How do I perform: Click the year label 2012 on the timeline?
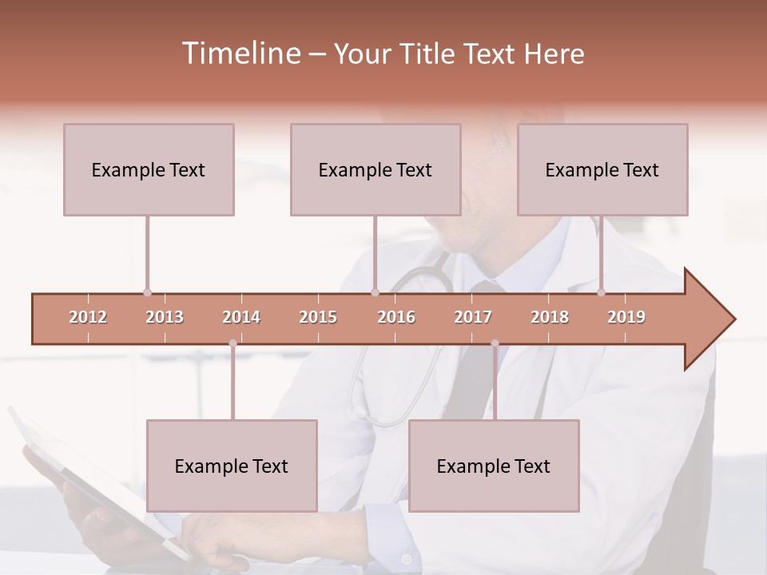88,317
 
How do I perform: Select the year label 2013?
165,317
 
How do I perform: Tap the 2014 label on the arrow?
241,317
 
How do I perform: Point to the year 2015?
318,317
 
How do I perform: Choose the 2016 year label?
396,317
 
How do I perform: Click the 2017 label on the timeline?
473,317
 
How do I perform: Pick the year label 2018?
550,317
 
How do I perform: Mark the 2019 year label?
626,317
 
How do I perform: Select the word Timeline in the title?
240,54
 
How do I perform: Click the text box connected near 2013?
149,169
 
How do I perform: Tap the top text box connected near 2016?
376,169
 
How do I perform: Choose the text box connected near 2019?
602,169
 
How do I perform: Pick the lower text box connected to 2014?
232,466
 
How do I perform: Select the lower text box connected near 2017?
494,466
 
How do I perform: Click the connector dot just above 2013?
147,292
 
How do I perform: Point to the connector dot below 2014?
232,343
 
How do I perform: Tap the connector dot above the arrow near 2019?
601,292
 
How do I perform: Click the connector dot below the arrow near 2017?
495,343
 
